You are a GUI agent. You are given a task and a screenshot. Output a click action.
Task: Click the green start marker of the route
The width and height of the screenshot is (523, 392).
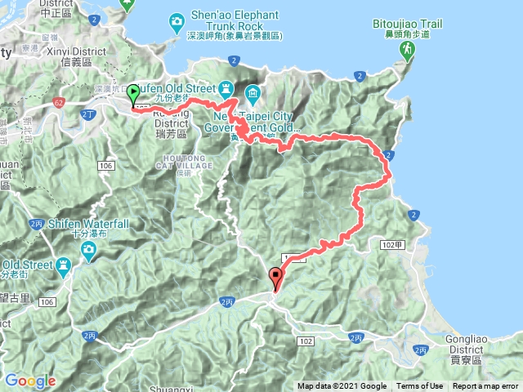coord(133,95)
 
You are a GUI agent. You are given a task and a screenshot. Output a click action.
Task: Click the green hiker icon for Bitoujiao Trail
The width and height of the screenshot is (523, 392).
coord(406,51)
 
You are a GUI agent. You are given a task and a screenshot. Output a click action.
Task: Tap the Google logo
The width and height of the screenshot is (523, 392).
coord(30,381)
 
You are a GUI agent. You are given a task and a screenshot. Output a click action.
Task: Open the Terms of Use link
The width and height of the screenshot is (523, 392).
coord(419,386)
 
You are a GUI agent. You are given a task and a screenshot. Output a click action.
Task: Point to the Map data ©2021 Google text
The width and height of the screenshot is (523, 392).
coord(342,386)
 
